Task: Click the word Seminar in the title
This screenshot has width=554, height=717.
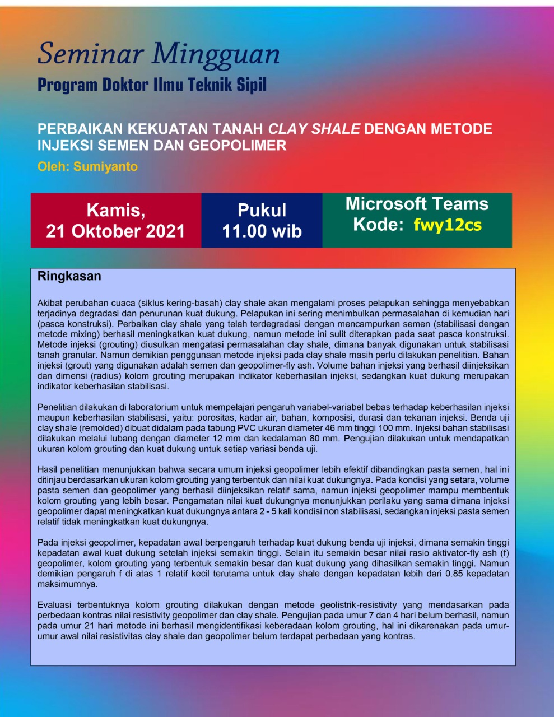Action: point(90,54)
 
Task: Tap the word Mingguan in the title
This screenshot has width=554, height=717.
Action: point(216,55)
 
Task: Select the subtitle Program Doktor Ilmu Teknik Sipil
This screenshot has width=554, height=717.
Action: point(152,85)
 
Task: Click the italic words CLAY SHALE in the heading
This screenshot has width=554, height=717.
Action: point(314,129)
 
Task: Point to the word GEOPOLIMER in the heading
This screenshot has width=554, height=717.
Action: point(238,146)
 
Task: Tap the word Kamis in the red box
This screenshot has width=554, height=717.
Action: point(115,211)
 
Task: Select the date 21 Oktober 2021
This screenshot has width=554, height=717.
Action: point(115,231)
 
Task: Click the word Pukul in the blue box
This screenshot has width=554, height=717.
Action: point(262,211)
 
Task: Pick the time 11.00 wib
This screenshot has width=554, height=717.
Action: point(262,231)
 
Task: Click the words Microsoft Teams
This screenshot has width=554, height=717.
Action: point(417,204)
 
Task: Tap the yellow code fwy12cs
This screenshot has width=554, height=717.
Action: point(448,225)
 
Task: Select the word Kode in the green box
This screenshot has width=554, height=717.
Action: point(378,225)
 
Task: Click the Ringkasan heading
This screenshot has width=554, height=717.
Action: point(69,276)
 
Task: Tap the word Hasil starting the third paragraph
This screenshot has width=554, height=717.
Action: point(48,469)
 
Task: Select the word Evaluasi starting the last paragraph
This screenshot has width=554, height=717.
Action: point(55,605)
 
